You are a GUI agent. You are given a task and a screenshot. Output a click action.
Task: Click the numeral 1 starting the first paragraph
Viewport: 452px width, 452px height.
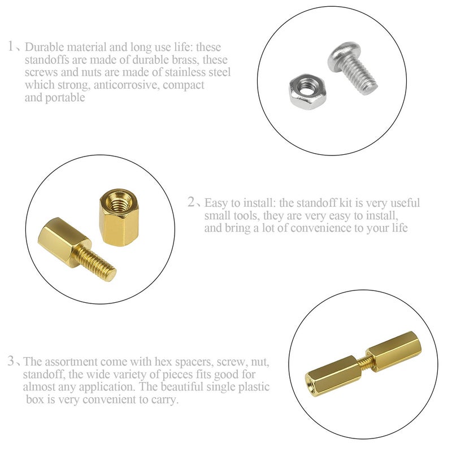12,46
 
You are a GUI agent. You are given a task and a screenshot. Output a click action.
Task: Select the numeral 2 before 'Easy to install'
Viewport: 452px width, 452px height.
192,203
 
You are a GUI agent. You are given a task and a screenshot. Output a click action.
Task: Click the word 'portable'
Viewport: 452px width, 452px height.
66,98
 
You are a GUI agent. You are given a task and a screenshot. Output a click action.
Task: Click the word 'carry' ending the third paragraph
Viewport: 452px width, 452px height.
164,400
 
